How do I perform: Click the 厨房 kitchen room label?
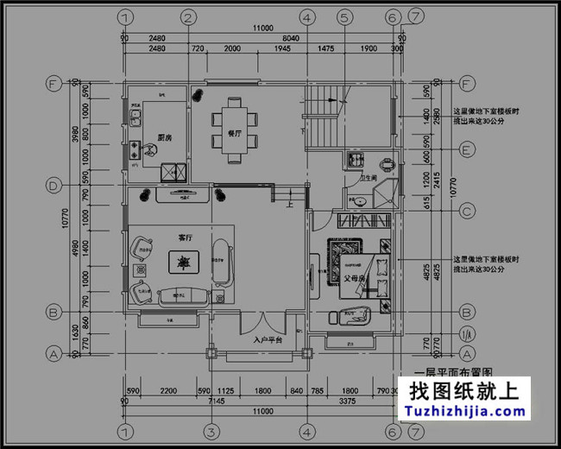tap(166, 138)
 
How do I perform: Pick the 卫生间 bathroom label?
tap(370, 178)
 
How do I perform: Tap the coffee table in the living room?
tap(183, 260)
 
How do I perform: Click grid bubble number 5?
tap(344, 16)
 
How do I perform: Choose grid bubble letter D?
tap(54, 186)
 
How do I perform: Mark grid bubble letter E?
tap(467, 149)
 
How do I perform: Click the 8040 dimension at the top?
tap(291, 38)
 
